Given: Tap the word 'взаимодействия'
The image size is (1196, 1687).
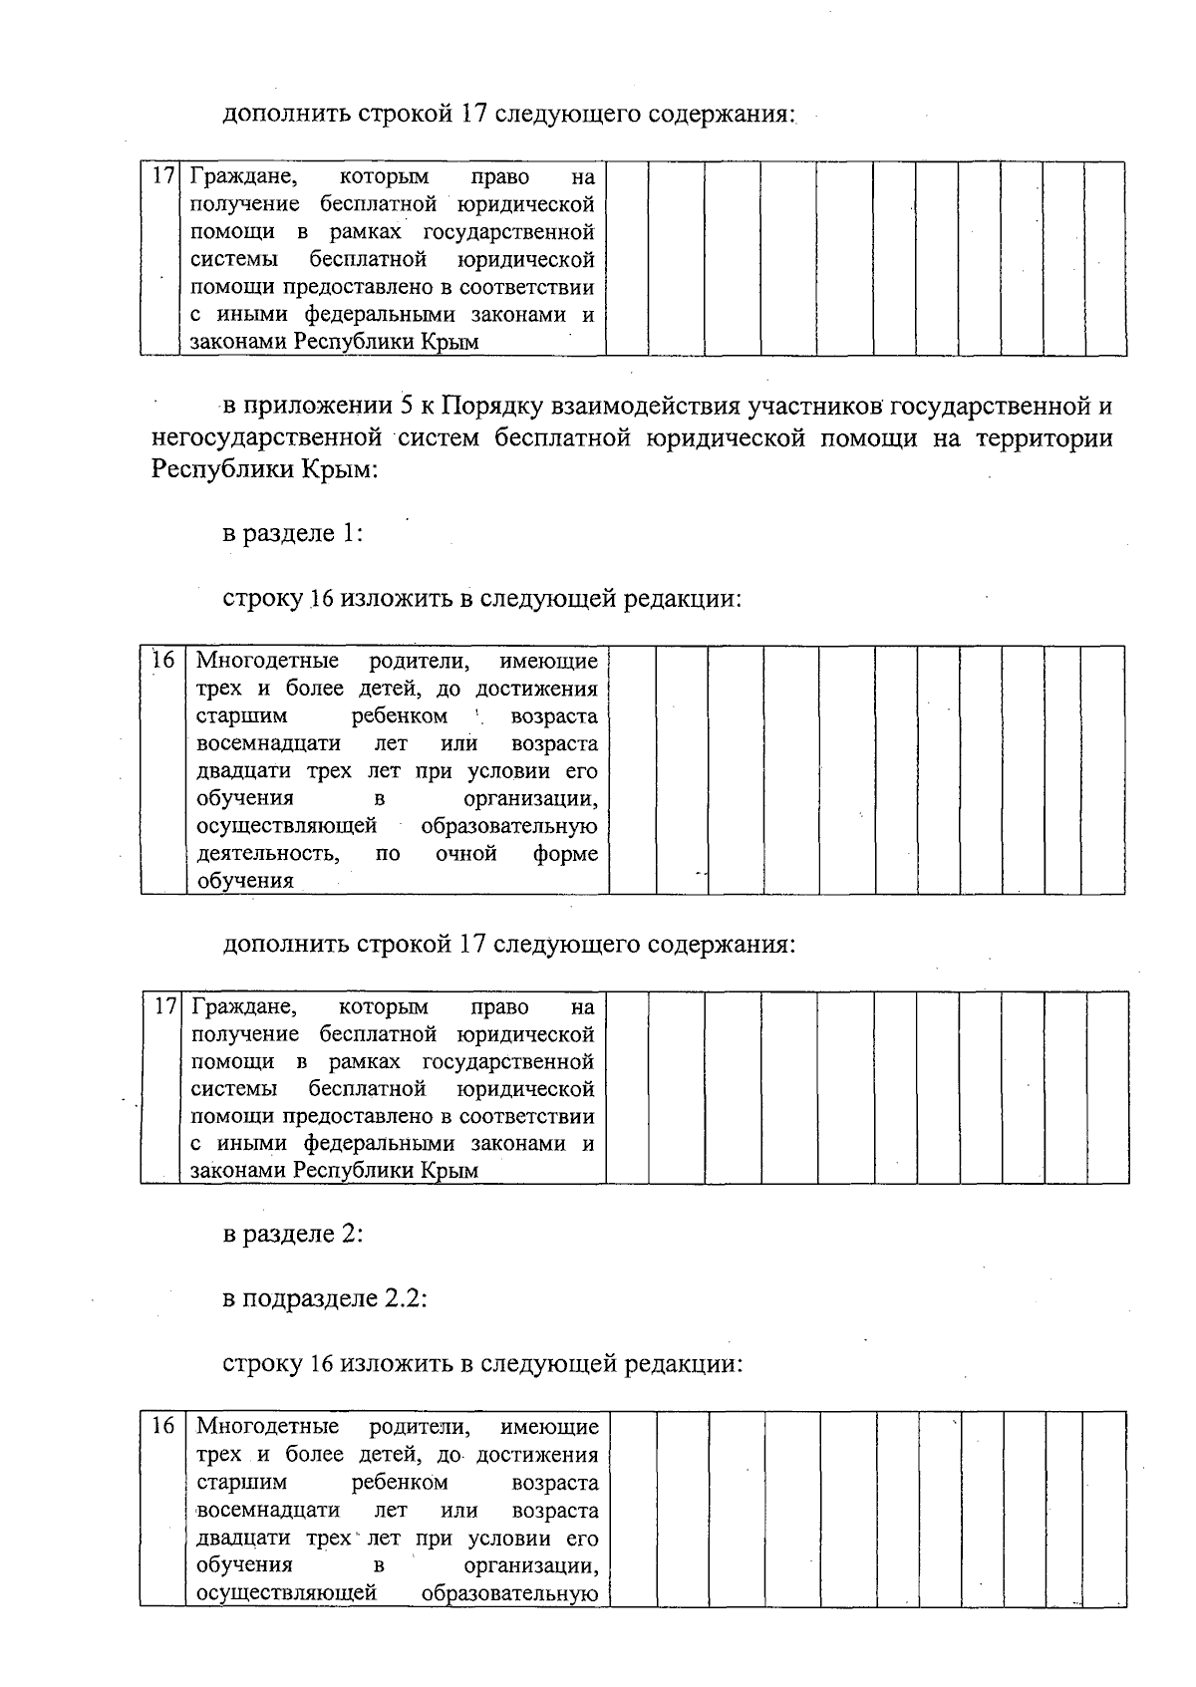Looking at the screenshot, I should [629, 407].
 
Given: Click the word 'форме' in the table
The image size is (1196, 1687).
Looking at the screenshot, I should [565, 854].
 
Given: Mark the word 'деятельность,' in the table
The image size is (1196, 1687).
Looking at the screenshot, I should [267, 854].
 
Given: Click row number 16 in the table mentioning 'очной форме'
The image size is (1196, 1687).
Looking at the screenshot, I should [163, 661].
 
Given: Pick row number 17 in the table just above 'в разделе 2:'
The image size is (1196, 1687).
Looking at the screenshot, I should [164, 1006].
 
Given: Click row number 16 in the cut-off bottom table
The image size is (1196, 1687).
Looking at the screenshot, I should [163, 1426].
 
